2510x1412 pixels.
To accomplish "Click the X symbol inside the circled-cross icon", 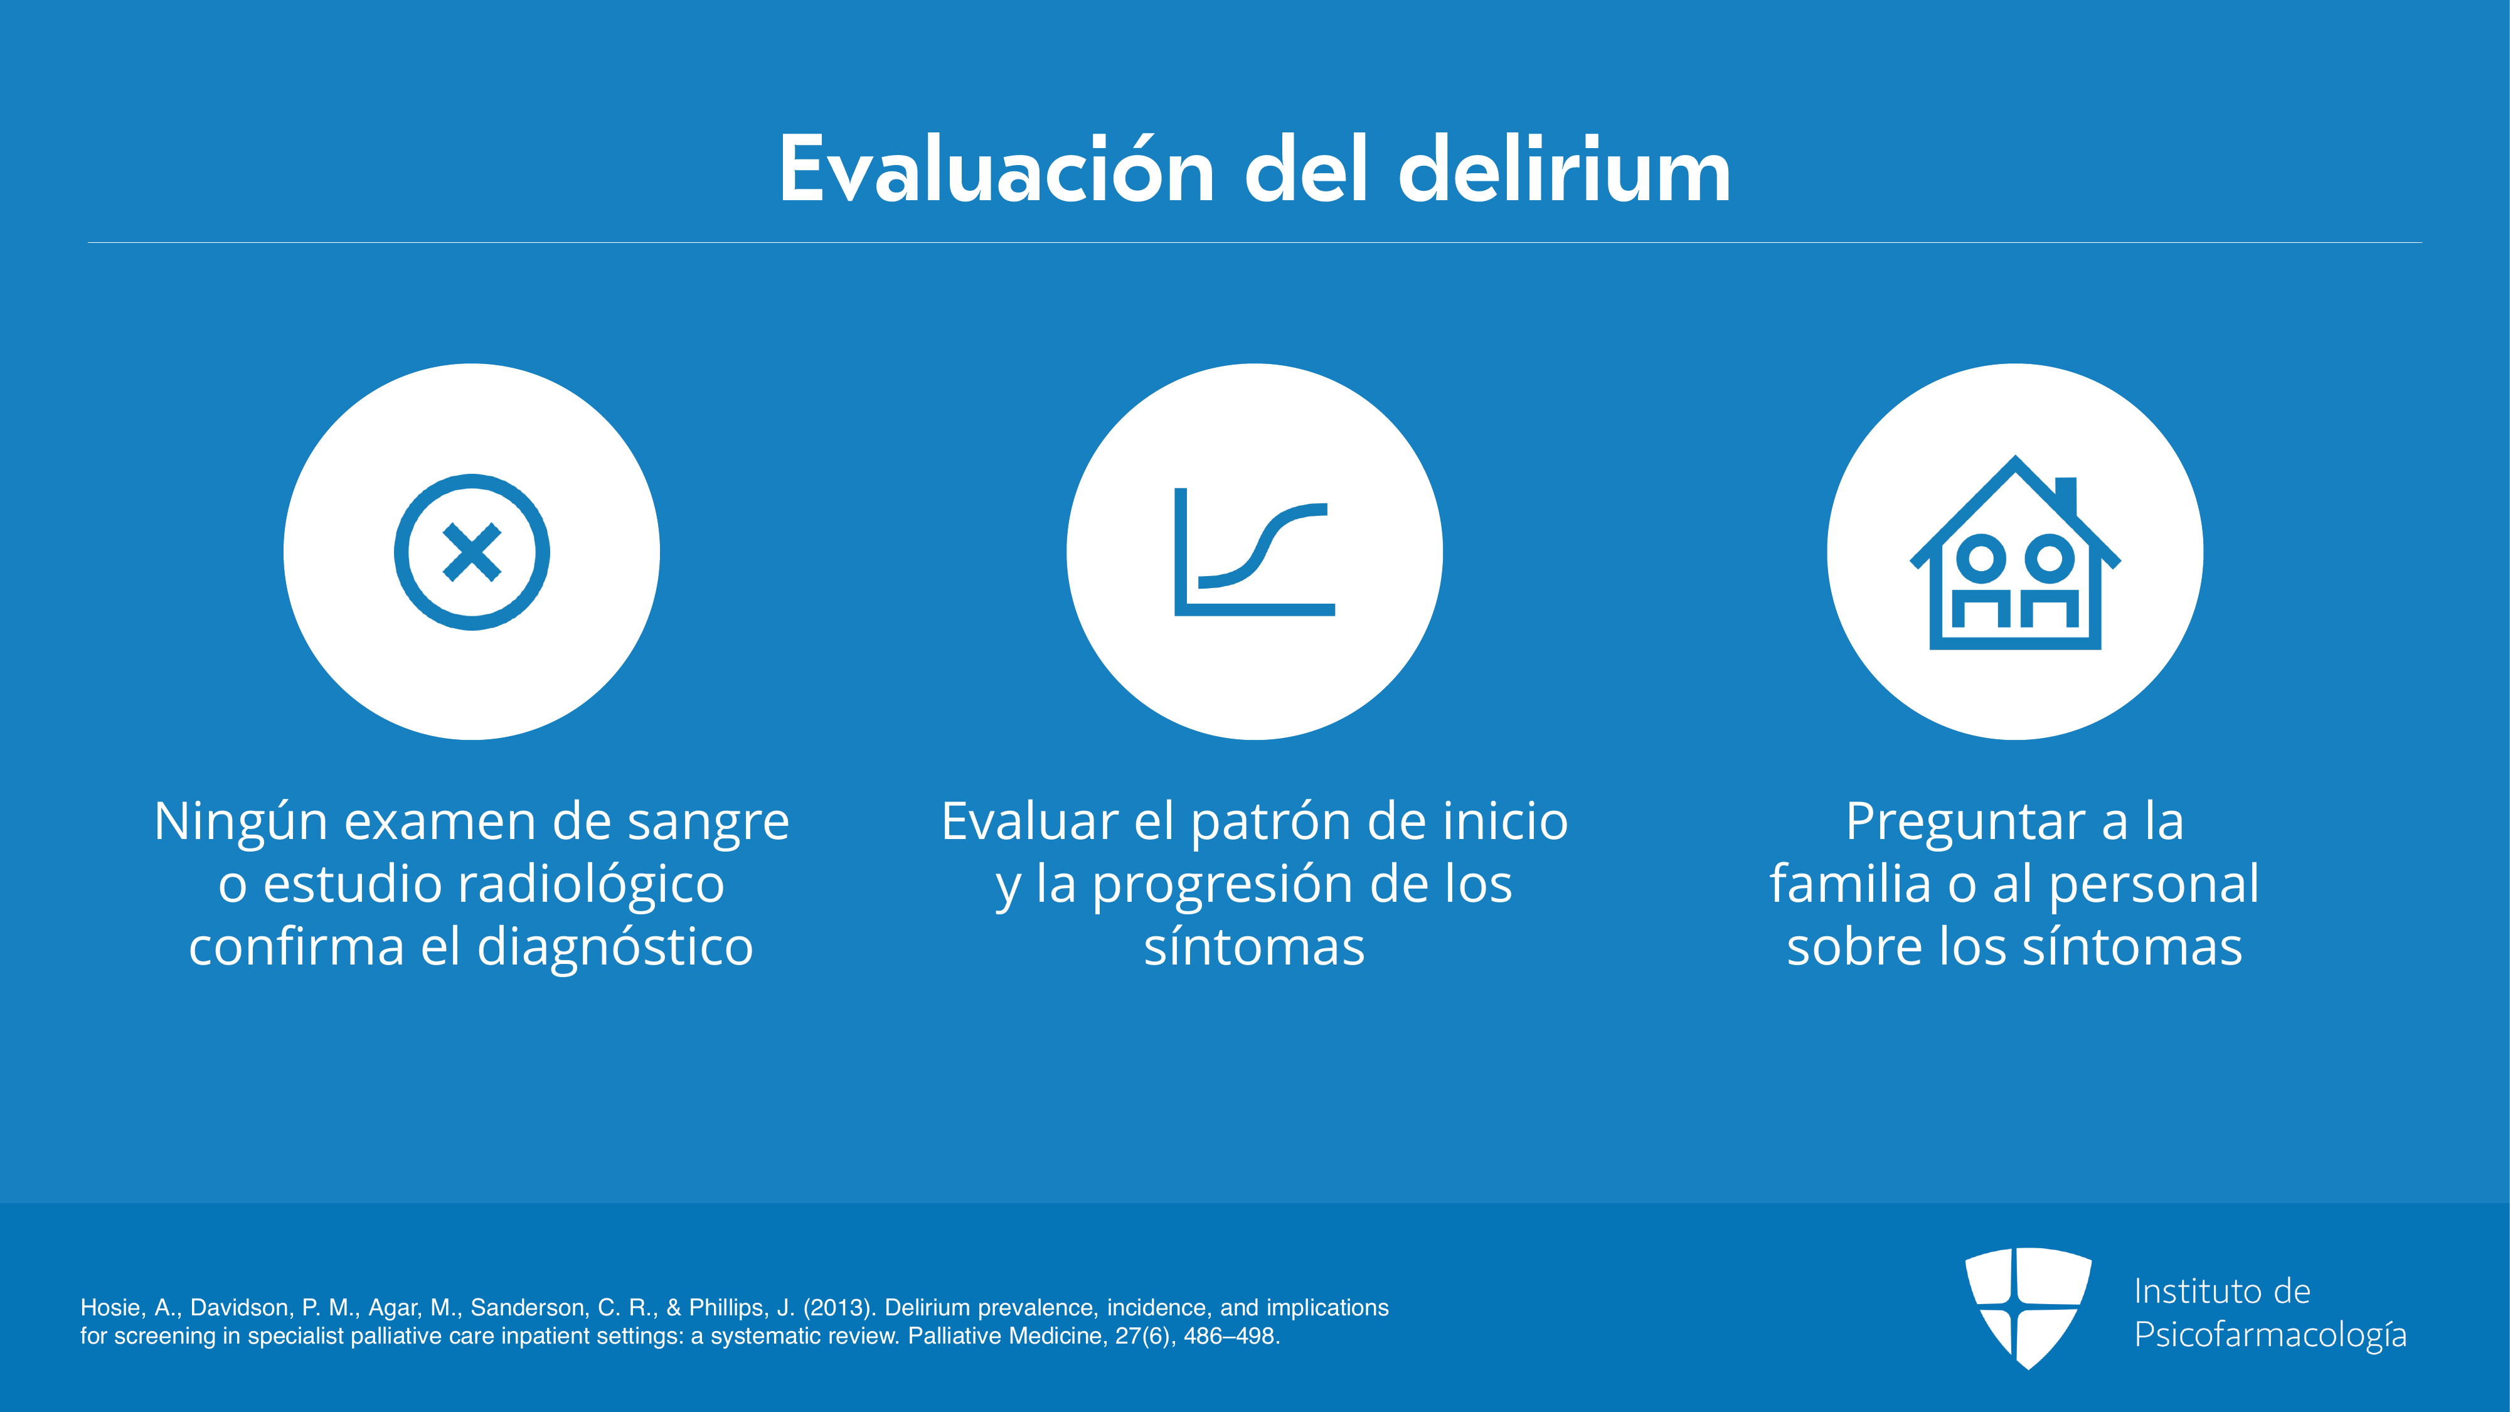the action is coord(472,552).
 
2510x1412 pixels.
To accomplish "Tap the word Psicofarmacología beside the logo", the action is coord(2270,1335).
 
